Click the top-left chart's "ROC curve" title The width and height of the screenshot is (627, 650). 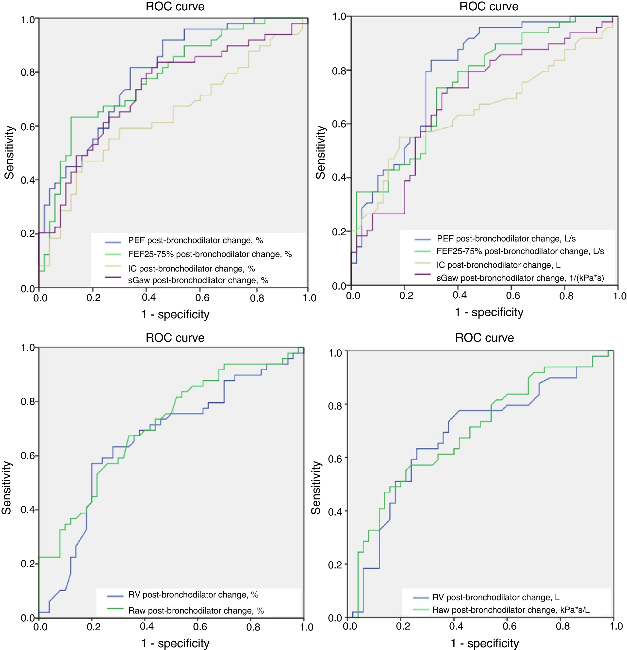click(x=175, y=7)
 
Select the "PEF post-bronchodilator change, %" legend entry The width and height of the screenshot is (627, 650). click(x=195, y=240)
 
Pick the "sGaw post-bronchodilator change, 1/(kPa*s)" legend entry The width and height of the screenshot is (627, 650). click(x=520, y=278)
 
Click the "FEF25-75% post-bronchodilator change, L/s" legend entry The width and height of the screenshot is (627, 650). click(x=520, y=251)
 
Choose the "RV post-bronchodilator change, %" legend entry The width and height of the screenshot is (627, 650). click(x=193, y=595)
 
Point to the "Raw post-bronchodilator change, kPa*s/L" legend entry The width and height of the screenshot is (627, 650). click(x=511, y=610)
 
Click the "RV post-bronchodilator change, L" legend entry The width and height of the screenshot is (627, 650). click(x=496, y=597)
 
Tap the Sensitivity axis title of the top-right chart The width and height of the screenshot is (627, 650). click(x=320, y=153)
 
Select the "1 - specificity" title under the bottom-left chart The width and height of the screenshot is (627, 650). click(x=175, y=643)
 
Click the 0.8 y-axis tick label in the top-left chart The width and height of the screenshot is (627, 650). click(x=28, y=72)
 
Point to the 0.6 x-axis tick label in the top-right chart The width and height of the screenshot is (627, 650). click(x=513, y=295)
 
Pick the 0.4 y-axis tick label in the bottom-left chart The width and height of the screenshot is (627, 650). click(x=28, y=510)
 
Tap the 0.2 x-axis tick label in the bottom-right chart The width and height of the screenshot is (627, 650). click(x=403, y=626)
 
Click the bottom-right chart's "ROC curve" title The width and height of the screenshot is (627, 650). click(x=484, y=338)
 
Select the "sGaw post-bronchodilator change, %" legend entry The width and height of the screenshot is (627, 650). click(x=198, y=280)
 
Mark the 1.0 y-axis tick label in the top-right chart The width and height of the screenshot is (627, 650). click(x=340, y=17)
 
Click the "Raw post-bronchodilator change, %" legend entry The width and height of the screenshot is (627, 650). click(x=196, y=611)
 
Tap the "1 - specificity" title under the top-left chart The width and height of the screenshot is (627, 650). click(x=175, y=314)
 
